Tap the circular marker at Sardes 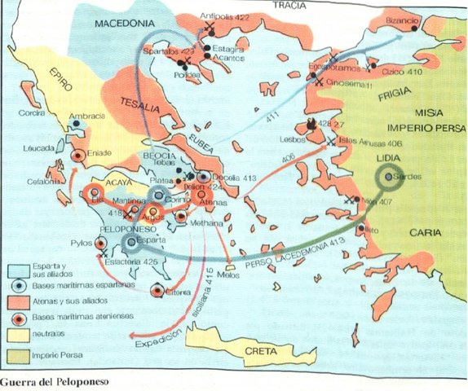pyautogui.click(x=390, y=176)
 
